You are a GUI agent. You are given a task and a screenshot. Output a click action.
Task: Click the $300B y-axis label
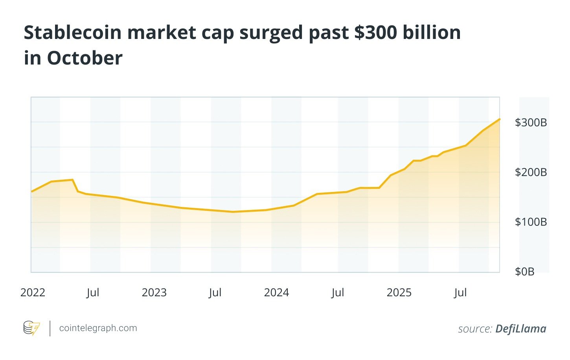(531, 123)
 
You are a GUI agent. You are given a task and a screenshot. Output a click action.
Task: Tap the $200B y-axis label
(531, 172)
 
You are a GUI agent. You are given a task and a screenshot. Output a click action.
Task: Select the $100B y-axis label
(531, 222)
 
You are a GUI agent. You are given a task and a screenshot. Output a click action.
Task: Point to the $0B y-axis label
(524, 271)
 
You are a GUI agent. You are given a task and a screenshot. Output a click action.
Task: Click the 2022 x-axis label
(33, 293)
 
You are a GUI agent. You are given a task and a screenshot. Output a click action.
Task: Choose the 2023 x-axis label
(154, 293)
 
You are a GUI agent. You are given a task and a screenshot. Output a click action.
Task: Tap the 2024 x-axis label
(276, 293)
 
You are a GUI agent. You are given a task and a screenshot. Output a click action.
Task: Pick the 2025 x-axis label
(399, 293)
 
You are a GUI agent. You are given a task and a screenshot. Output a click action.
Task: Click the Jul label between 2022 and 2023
(93, 293)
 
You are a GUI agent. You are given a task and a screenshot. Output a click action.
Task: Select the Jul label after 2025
(460, 293)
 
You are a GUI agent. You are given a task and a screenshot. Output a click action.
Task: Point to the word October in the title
(85, 58)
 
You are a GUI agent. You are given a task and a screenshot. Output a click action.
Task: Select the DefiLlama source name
(520, 329)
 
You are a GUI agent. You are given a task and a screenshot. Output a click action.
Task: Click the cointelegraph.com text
(98, 328)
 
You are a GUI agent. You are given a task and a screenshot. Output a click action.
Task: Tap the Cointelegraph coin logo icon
(31, 328)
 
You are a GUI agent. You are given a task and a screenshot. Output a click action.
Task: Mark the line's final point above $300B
(499, 119)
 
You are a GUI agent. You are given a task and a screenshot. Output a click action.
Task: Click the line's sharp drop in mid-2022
(75, 186)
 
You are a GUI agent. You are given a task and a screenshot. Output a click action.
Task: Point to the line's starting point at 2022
(31, 192)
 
